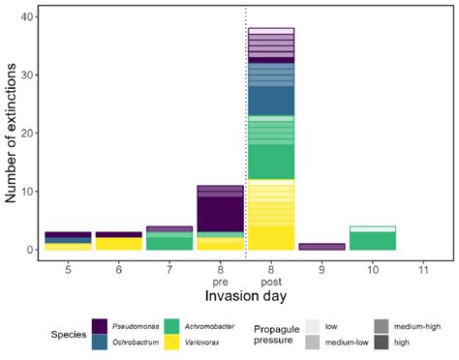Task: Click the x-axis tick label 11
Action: click(421, 270)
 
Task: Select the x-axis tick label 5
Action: click(67, 270)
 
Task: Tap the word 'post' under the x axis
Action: click(271, 283)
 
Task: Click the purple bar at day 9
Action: click(322, 247)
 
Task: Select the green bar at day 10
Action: click(372, 241)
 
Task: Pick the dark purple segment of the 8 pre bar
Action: click(220, 214)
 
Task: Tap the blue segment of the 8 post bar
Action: click(271, 92)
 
